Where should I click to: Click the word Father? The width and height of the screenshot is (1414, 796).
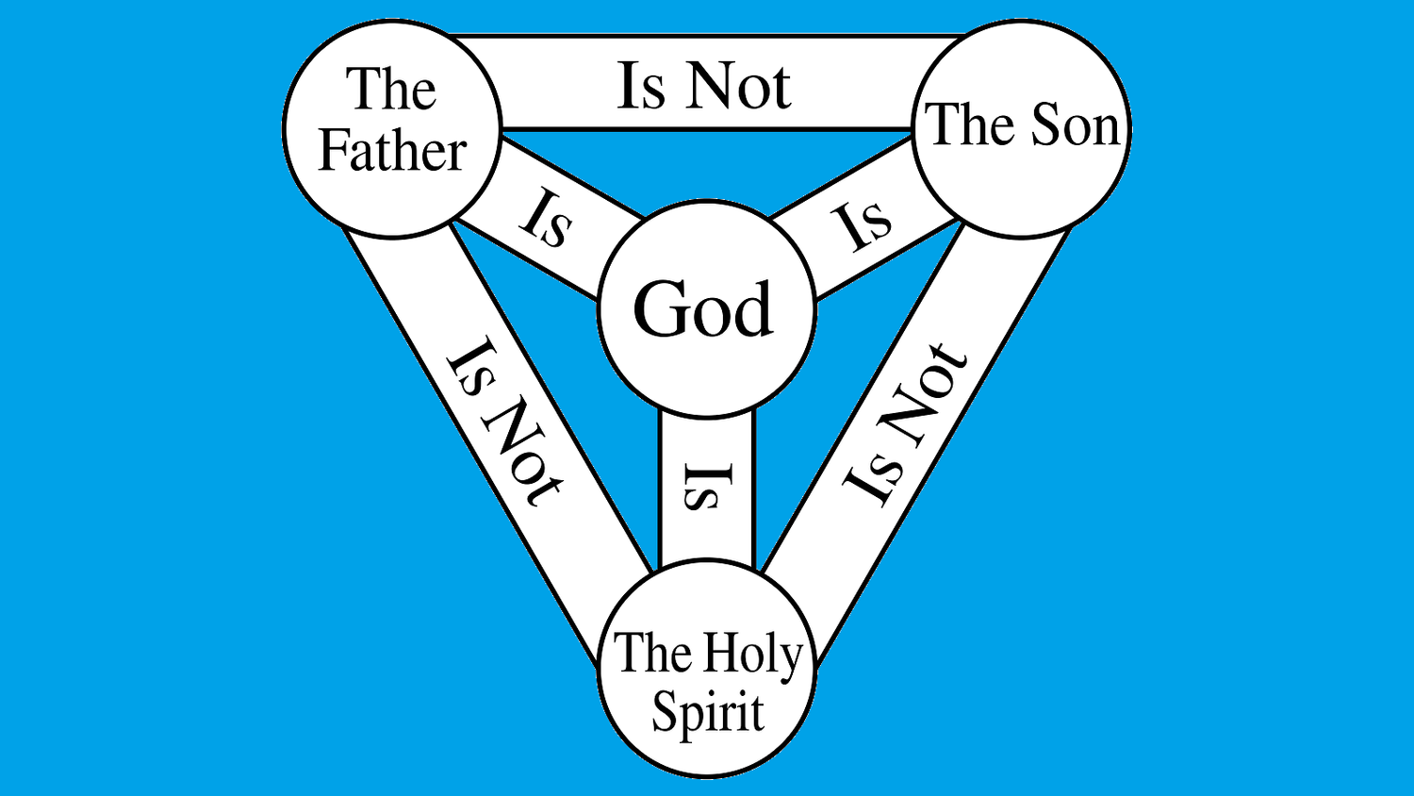click(x=393, y=151)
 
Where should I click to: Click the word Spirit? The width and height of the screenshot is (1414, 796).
click(x=708, y=713)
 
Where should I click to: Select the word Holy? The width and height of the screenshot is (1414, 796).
click(x=753, y=654)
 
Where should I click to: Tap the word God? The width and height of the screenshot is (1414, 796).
click(x=703, y=309)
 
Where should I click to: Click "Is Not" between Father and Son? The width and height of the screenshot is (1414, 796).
click(x=704, y=86)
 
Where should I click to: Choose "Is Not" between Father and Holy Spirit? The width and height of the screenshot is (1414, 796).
click(x=503, y=421)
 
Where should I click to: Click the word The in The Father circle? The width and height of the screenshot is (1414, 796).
click(x=391, y=90)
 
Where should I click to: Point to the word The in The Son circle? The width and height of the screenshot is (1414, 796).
click(x=972, y=125)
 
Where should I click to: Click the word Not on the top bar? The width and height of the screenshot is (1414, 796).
click(x=739, y=86)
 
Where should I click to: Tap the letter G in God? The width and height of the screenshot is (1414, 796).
click(x=660, y=309)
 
